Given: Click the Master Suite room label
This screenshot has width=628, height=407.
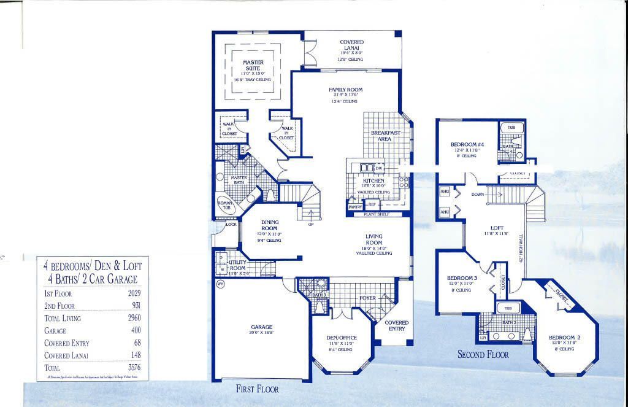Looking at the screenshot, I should tap(253, 65).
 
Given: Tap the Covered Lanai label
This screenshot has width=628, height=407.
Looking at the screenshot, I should tap(351, 45).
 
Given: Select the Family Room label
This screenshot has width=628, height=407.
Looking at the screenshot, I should tap(345, 90).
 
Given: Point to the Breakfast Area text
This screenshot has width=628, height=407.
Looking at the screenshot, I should tap(385, 136).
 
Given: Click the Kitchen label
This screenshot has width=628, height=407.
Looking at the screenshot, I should tap(373, 181).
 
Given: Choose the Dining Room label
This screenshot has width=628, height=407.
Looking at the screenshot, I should tap(269, 225).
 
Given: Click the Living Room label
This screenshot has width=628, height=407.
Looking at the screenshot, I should tap(373, 239).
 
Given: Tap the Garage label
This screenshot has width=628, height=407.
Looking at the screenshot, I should tap(261, 327).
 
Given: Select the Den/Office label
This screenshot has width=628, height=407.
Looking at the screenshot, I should tap(342, 338).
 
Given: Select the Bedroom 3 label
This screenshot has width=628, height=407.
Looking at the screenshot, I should tap(462, 278).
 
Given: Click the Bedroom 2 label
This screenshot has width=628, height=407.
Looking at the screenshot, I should tap(564, 338).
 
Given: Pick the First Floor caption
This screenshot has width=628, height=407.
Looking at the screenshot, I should tap(257, 389).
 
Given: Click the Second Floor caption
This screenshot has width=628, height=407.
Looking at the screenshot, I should tap(483, 354).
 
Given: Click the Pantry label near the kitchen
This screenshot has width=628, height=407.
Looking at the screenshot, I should tap(355, 207).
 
